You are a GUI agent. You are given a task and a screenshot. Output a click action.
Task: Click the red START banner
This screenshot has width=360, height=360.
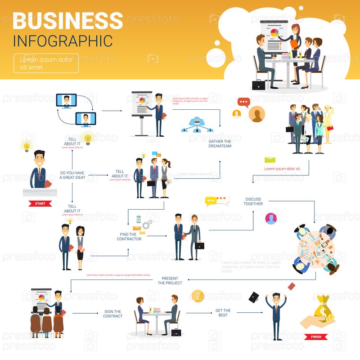(x=40, y=203)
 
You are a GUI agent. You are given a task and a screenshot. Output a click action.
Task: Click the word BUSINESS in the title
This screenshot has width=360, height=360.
(x=68, y=21)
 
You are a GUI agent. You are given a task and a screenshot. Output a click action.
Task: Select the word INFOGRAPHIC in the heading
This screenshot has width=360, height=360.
(x=63, y=40)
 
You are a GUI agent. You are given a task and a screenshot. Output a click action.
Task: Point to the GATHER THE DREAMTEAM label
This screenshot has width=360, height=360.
(x=220, y=144)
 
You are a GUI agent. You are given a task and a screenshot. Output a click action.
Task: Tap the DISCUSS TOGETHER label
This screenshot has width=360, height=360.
(x=253, y=201)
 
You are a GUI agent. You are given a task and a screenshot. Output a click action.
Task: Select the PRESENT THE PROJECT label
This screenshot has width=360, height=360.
(x=170, y=281)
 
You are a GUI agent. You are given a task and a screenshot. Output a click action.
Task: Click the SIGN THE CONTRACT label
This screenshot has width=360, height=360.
(x=113, y=314)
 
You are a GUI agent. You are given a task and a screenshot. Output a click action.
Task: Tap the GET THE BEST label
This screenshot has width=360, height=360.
(x=223, y=313)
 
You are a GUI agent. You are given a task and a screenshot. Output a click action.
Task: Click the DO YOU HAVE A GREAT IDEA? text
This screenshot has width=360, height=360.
(x=72, y=175)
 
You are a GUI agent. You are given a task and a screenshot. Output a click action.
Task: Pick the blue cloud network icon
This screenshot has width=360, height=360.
(x=197, y=124)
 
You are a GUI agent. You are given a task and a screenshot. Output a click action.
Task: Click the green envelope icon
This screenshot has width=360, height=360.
(x=270, y=160)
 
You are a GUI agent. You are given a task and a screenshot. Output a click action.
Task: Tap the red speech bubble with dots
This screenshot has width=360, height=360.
(x=243, y=102)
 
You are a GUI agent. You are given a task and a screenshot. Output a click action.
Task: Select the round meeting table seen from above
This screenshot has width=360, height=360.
(x=315, y=248)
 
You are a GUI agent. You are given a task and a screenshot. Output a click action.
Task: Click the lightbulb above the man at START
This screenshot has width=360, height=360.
(x=27, y=145)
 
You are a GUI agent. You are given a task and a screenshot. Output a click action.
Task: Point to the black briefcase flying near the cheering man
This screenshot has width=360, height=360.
(x=254, y=297)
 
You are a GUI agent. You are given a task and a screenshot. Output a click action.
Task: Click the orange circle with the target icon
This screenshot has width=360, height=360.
(x=198, y=296)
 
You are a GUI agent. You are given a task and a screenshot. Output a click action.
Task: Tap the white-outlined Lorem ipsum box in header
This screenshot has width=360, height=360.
(x=46, y=63)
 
